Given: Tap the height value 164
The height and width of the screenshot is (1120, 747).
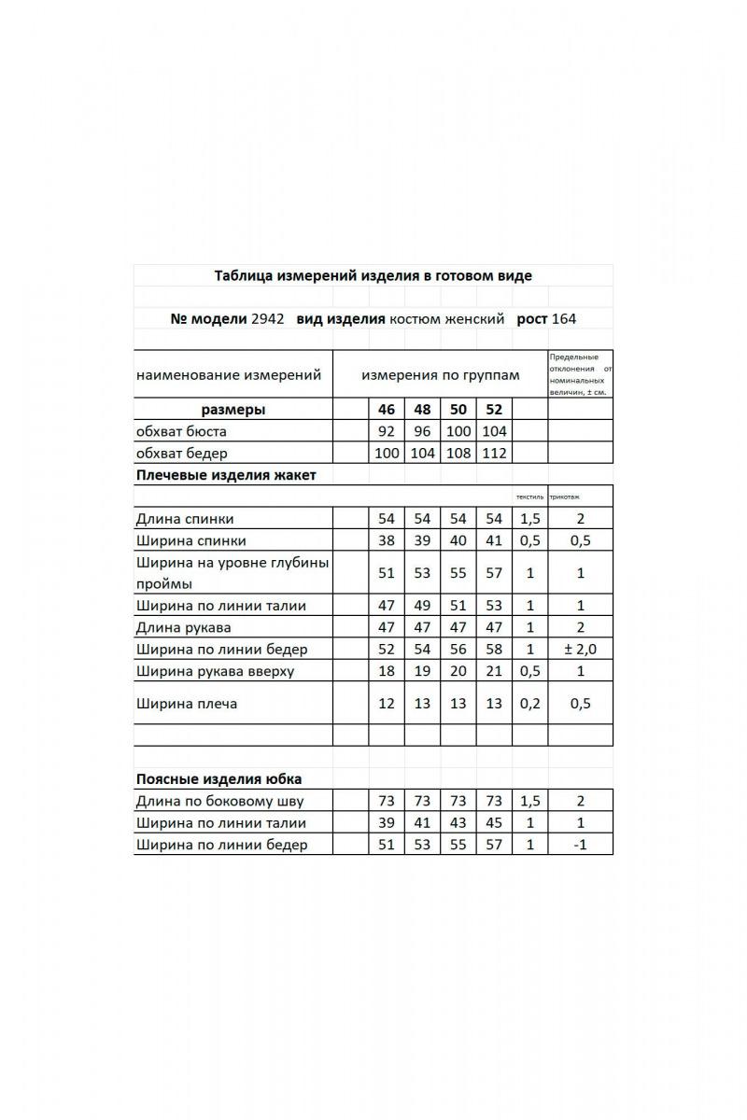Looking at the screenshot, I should point(564,318).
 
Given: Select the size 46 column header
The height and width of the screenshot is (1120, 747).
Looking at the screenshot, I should point(387,410).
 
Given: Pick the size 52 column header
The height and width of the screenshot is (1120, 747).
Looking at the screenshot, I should point(494,410).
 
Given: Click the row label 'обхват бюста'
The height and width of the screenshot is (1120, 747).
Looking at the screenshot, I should point(181,431).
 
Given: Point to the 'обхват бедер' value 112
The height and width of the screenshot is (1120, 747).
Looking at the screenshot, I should point(494,454).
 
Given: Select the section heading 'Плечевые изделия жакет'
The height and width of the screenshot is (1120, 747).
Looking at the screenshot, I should point(226,475).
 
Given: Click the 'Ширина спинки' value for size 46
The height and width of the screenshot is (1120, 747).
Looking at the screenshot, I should point(387,540).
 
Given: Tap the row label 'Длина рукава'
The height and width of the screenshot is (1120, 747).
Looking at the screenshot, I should point(184,627).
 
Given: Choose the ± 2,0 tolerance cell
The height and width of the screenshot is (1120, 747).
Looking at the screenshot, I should point(580,649).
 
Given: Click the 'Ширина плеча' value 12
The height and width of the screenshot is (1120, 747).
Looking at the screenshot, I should point(387,704).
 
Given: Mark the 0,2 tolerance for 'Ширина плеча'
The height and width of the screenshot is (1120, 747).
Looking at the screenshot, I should point(529,704).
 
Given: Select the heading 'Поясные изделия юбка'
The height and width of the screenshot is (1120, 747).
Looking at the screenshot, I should point(218,778).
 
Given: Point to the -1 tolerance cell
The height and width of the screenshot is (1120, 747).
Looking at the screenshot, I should point(580,845).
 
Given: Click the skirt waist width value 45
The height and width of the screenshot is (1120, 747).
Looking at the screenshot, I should point(494,823).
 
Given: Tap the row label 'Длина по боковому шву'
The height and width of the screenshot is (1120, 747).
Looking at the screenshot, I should point(219,801).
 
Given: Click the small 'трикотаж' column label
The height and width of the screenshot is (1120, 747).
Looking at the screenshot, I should point(565,497).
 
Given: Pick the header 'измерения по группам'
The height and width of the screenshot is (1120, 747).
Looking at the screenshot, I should point(441,375).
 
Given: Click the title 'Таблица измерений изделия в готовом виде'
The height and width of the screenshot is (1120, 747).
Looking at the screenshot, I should point(373,275).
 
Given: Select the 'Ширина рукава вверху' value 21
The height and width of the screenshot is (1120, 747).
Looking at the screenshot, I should point(494,671).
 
